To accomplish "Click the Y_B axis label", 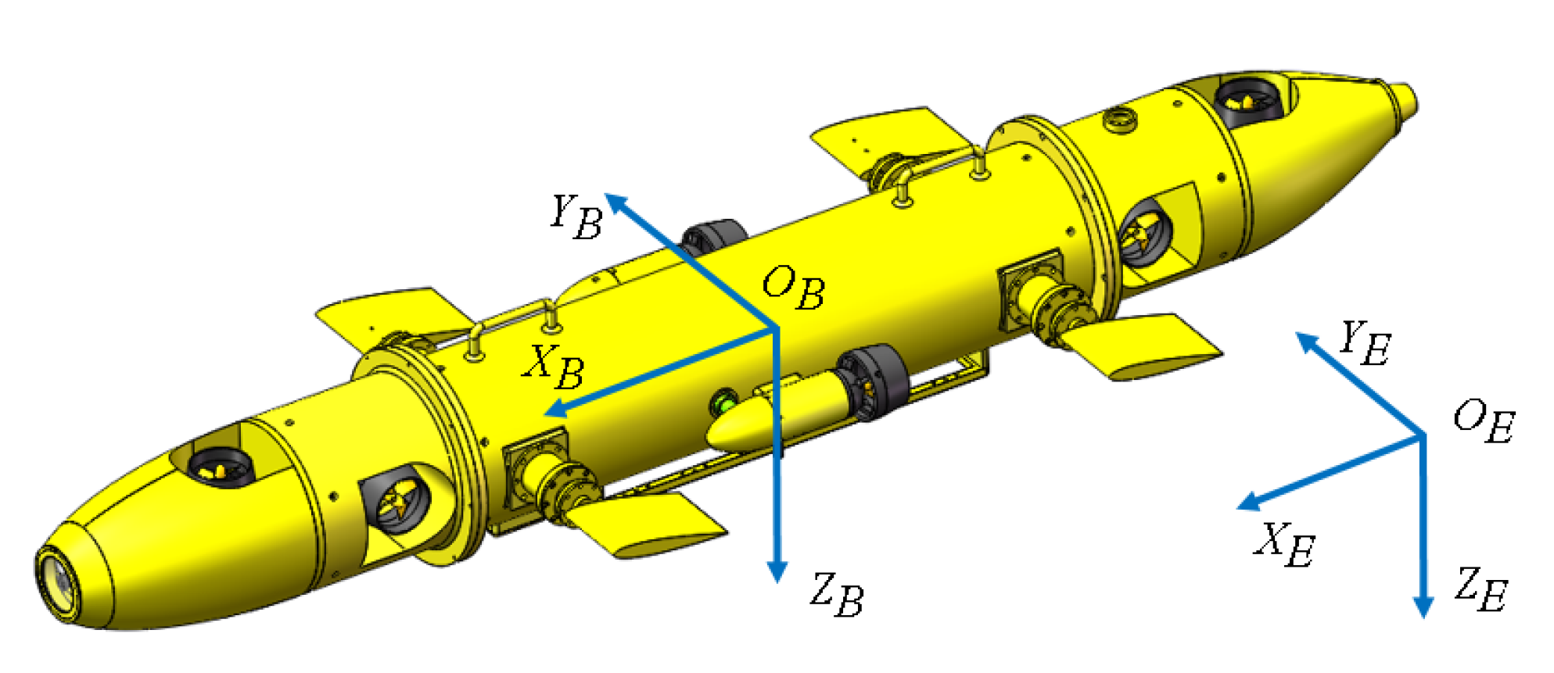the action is click(576, 217).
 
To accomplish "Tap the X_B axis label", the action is click(554, 367).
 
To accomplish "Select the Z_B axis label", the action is click(837, 595).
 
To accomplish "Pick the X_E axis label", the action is click(1285, 544).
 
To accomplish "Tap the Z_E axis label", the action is click(1480, 589).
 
